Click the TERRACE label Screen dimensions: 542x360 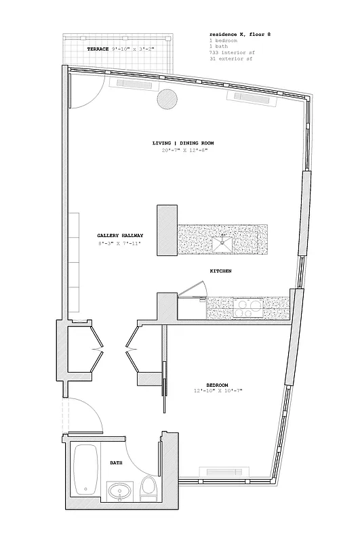pyautogui.click(x=98, y=50)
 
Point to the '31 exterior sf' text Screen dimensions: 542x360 pyautogui.click(x=229, y=58)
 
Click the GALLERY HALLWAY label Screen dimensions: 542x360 pyautogui.click(x=119, y=236)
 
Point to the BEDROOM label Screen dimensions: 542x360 pyautogui.click(x=217, y=385)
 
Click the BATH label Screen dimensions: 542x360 pyautogui.click(x=117, y=463)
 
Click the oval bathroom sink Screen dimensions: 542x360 pyautogui.click(x=121, y=491)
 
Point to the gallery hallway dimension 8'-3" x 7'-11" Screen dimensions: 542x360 pyautogui.click(x=119, y=243)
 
